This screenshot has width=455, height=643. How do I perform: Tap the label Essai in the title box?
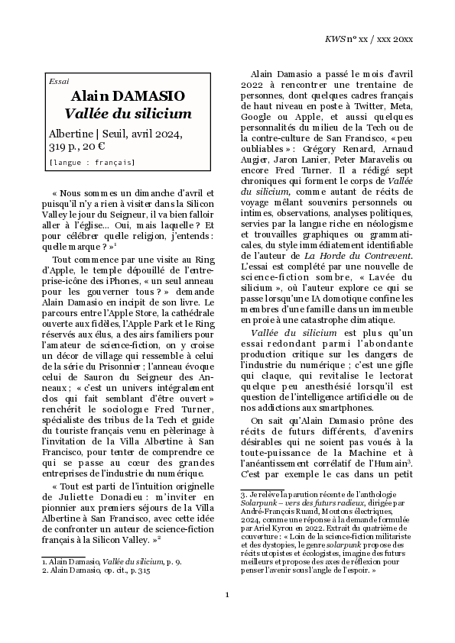(x=58, y=81)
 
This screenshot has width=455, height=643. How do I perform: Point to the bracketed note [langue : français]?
(x=91, y=162)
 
